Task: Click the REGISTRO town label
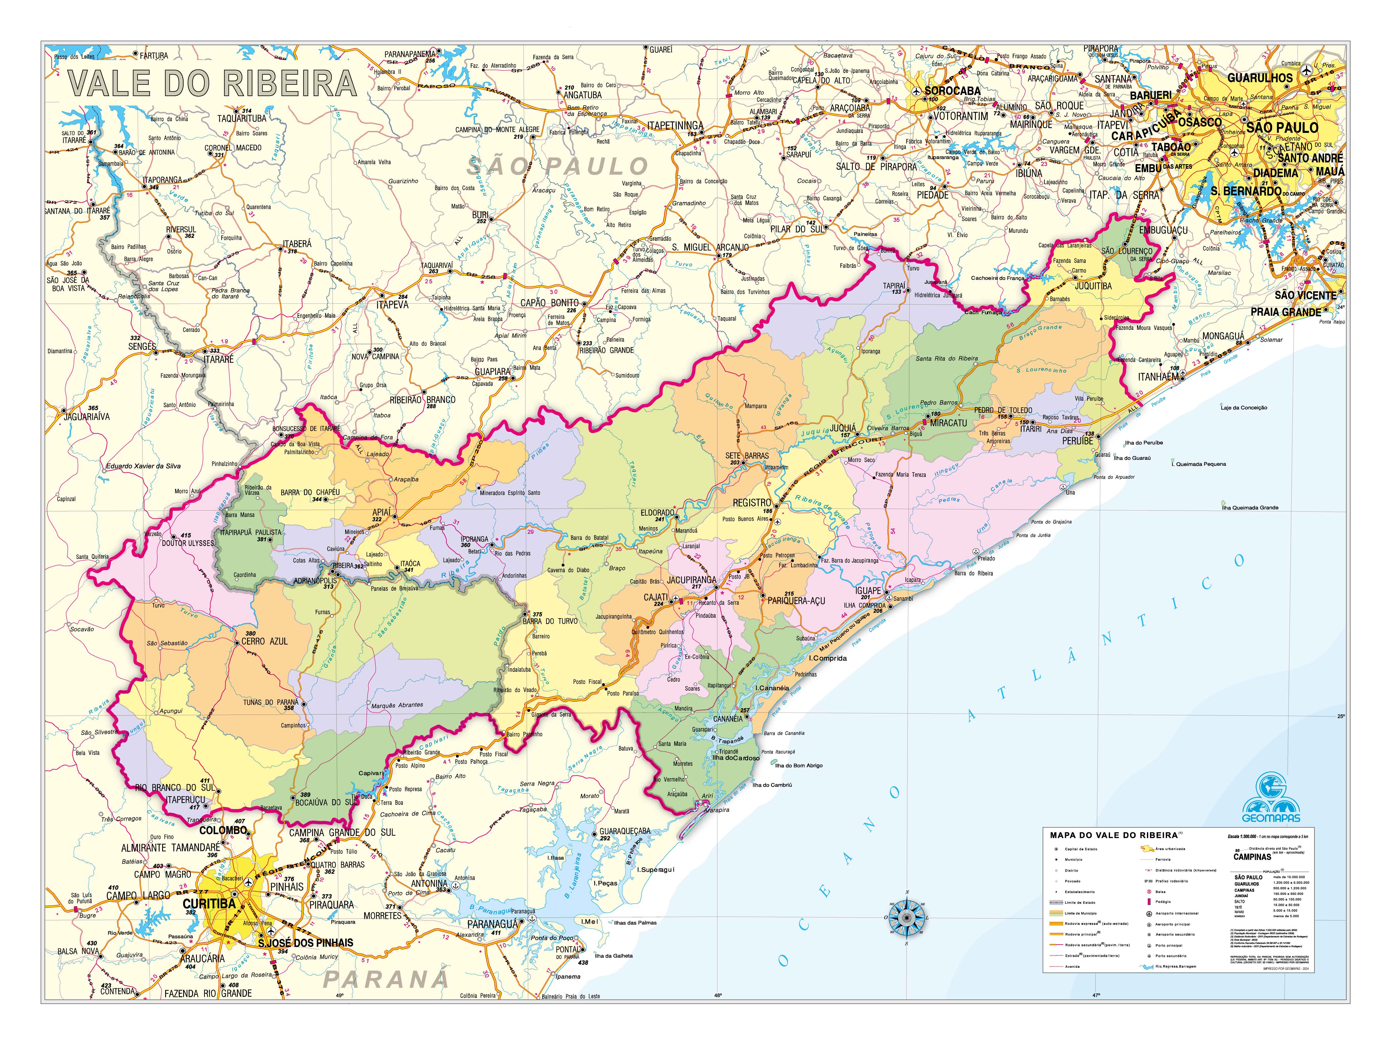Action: point(751,503)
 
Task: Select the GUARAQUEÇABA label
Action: point(624,831)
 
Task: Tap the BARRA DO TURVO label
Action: point(550,621)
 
